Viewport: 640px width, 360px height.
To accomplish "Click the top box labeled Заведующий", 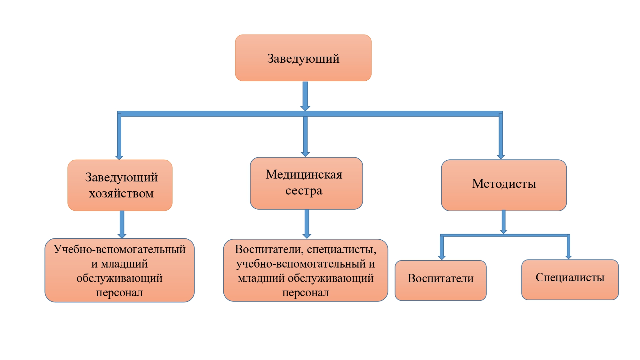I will pos(303,58).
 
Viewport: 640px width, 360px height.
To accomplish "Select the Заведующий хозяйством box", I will pos(120,185).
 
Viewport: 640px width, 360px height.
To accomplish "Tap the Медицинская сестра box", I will pos(306,183).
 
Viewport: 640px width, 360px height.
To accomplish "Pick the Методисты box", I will pos(504,185).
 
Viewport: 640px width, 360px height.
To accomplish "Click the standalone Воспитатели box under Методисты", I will pos(440,280).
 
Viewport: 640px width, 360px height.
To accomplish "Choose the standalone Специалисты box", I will pos(570,279).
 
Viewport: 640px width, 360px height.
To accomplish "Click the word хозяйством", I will pos(121,194).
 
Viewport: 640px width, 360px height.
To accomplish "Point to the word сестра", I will pos(304,191).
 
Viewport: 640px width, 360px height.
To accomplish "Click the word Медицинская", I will pos(304,175).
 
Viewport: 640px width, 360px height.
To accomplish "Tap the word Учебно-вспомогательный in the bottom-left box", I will pos(119,249).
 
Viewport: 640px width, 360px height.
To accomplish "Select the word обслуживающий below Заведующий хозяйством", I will pos(119,278).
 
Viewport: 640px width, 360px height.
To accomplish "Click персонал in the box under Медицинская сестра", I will pos(306,292).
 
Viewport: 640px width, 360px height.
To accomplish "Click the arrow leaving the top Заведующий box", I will pos(305,96).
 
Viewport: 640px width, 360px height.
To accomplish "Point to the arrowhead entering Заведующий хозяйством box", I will pos(119,157).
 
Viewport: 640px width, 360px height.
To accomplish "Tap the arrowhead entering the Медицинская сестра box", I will pos(305,154).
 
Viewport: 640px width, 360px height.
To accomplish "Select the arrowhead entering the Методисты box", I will pos(501,156).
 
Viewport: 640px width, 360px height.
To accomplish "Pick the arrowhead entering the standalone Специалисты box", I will pos(568,257).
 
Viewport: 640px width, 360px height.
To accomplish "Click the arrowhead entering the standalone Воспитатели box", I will pos(442,257).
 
